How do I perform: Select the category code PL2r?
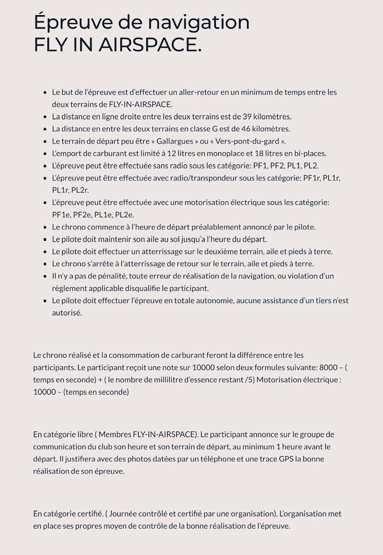[80, 190]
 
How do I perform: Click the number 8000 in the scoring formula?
[328, 368]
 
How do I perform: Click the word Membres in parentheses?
[114, 434]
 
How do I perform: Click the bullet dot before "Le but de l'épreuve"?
[45, 92]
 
